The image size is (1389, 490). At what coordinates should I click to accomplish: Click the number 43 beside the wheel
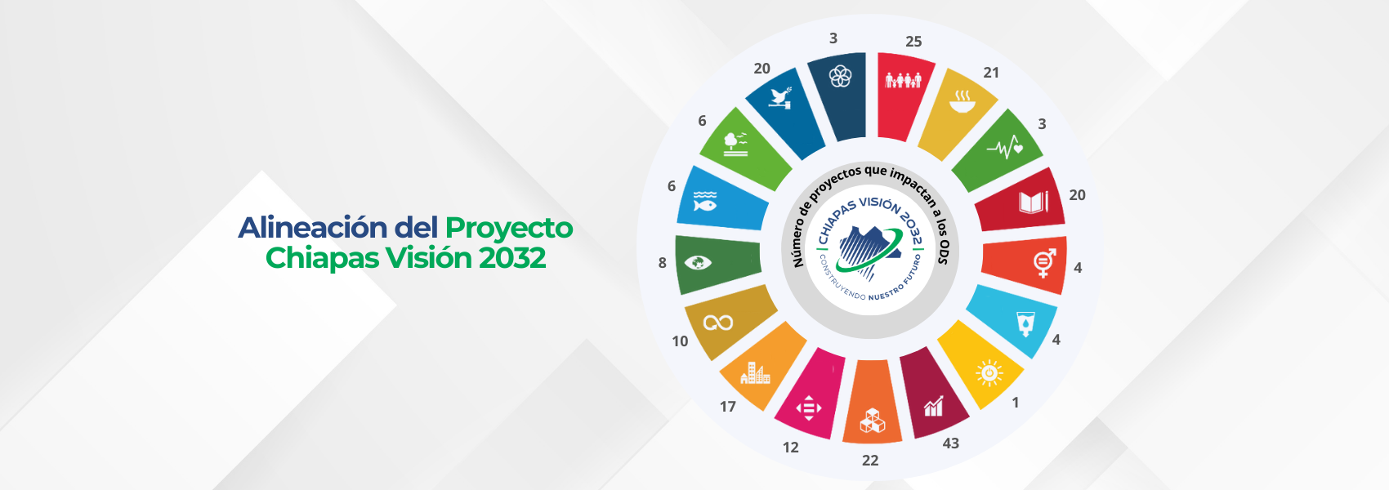(950, 443)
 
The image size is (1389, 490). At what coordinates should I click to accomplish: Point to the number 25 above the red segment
(913, 42)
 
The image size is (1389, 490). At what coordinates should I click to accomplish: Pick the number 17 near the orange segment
(727, 407)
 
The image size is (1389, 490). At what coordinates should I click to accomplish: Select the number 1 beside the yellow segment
(1015, 403)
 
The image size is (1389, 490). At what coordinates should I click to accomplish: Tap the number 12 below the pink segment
(790, 448)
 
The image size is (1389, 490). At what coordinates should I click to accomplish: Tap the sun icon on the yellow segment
(989, 373)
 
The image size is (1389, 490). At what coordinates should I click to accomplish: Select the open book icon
(1034, 202)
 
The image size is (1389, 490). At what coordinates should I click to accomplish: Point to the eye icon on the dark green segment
(699, 263)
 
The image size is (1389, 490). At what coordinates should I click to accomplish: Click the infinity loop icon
(718, 323)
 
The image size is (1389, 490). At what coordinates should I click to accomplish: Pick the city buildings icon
(755, 373)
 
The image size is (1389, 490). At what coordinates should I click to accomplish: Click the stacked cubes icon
(873, 421)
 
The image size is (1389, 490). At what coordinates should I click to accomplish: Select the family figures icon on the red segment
(903, 80)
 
